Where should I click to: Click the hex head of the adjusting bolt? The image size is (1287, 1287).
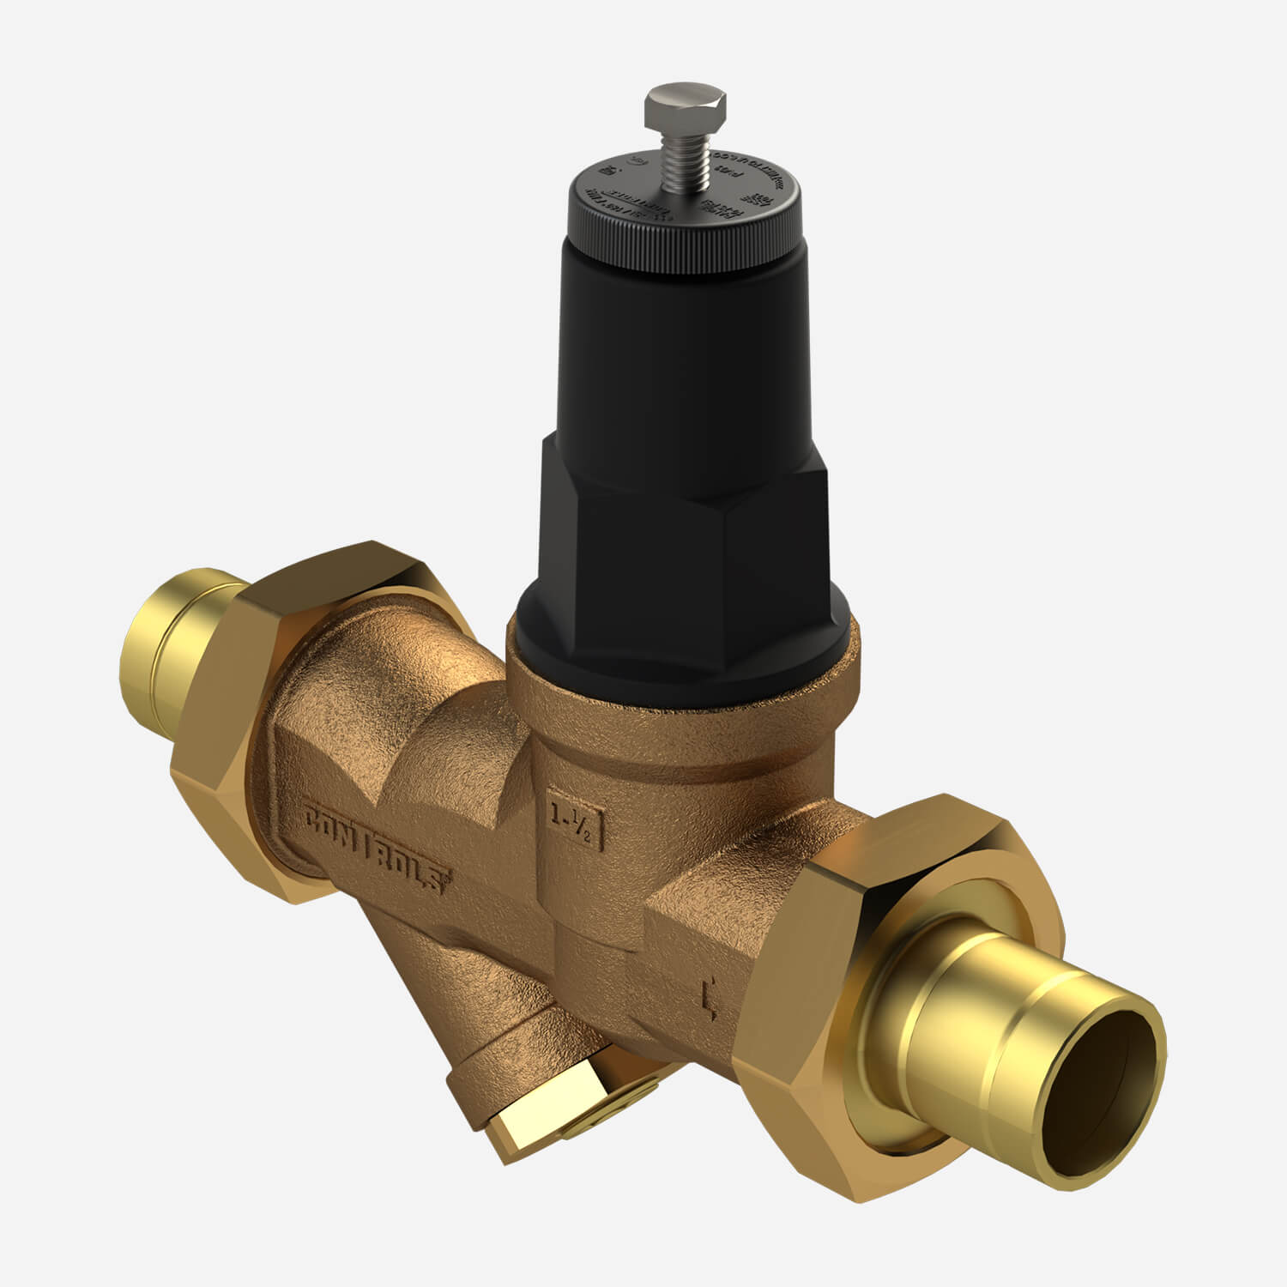coord(685,106)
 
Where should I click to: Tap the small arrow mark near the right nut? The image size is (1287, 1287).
coord(709,999)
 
